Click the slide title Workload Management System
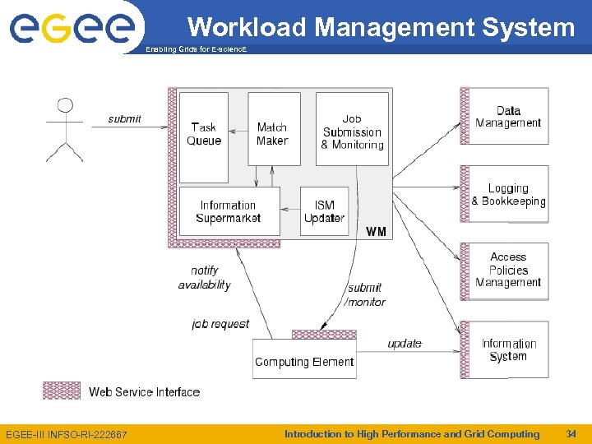click(x=381, y=27)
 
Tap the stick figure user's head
click(x=65, y=106)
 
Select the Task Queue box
click(x=204, y=136)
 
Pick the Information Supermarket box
click(x=229, y=211)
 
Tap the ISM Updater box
click(x=325, y=211)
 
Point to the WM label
click(x=376, y=231)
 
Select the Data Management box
click(x=508, y=117)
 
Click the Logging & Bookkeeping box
click(x=508, y=195)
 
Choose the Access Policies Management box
click(x=508, y=270)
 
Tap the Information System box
click(x=508, y=349)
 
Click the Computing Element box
click(x=304, y=361)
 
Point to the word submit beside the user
click(x=125, y=119)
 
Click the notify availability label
click(x=204, y=278)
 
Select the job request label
click(x=220, y=324)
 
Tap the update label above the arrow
click(x=405, y=343)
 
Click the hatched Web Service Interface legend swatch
click(x=62, y=391)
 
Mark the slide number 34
click(x=571, y=433)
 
